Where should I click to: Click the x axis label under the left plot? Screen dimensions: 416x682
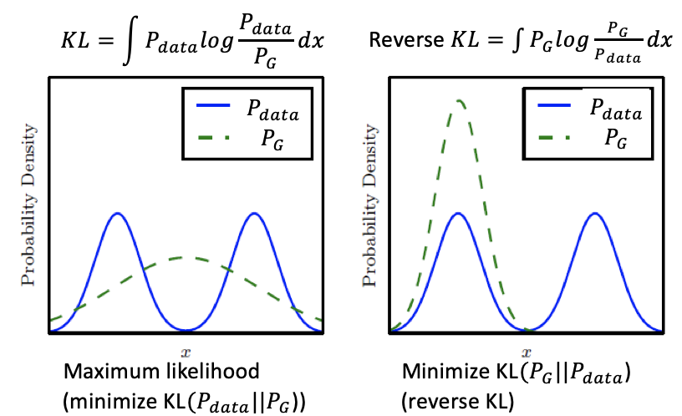pos(186,343)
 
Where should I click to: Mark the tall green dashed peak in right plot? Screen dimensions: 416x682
pos(458,101)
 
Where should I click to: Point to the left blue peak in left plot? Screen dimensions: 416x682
pos(118,214)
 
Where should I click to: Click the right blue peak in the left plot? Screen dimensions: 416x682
pos(253,214)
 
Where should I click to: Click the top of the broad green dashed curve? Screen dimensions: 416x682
pos(186,257)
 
